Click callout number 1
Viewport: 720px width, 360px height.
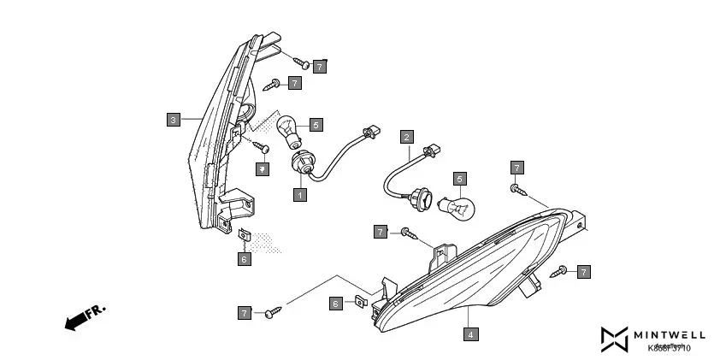coord(299,195)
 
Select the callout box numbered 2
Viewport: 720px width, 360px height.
coord(407,137)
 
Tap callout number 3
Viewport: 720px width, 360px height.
coord(174,120)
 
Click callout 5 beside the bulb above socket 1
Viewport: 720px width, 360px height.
coord(316,125)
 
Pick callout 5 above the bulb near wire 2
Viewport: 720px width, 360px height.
coord(460,179)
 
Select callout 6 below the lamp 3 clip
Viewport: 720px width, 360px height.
coord(245,259)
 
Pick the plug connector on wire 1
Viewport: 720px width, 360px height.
coord(369,133)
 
